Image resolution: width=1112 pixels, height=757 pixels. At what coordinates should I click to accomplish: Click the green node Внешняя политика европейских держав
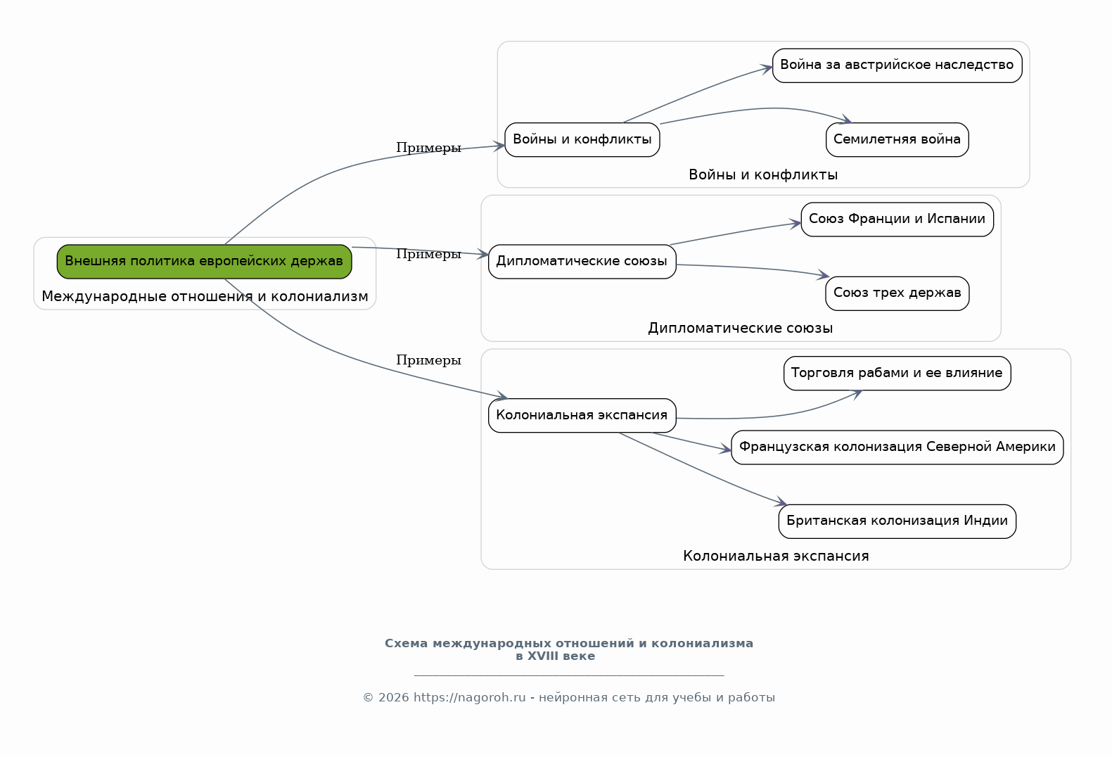pos(204,262)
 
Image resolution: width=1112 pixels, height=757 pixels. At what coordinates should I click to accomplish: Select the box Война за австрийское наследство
pos(897,65)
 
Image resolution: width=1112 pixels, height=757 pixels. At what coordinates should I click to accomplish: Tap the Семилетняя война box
pos(897,139)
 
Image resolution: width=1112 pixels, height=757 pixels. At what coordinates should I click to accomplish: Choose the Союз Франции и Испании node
pos(897,220)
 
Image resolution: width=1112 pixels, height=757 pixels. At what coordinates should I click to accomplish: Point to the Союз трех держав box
pos(897,293)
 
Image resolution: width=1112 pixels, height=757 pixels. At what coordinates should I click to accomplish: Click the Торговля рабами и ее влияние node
pos(897,374)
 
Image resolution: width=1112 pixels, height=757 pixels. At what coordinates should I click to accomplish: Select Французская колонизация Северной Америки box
pos(897,447)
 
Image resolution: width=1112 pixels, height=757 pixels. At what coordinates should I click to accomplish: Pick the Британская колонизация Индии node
pos(897,521)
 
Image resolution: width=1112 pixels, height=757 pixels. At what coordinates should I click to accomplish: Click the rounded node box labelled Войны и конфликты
pos(582,139)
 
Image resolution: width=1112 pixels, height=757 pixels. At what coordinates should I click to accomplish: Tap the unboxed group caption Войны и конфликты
pos(763,174)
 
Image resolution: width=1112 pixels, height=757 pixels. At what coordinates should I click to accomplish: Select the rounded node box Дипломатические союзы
pos(582,262)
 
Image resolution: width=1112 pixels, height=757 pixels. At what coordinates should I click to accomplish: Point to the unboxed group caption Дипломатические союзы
pos(740,328)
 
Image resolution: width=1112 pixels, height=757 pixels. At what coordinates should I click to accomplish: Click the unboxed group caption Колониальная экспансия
pos(776,556)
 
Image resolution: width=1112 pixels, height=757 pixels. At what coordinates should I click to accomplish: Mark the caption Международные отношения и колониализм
pos(205,296)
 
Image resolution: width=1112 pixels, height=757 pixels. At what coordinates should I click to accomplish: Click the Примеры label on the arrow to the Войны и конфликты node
pos(428,148)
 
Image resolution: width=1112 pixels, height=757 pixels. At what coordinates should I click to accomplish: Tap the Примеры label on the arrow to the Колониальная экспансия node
pos(428,360)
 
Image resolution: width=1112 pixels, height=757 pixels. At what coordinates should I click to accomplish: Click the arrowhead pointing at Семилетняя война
pos(846,119)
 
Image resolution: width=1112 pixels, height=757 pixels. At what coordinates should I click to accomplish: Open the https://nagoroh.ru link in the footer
pos(469,697)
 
